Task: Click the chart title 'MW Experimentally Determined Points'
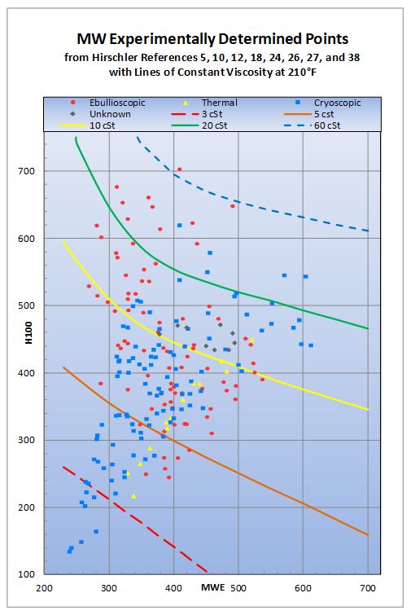click(x=206, y=40)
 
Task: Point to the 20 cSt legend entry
click(x=216, y=126)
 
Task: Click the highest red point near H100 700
click(x=180, y=169)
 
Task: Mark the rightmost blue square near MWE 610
click(x=311, y=345)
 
